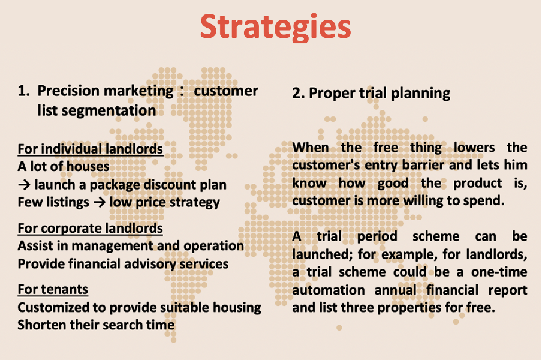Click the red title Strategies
(x=275, y=28)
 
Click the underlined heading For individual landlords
(x=90, y=149)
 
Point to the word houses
(x=88, y=167)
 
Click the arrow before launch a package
(x=24, y=185)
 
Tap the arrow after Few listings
(x=99, y=202)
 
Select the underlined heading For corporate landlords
(x=90, y=229)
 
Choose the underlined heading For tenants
(x=53, y=289)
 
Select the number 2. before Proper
(x=298, y=93)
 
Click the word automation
(x=329, y=290)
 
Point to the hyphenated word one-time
(x=499, y=272)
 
